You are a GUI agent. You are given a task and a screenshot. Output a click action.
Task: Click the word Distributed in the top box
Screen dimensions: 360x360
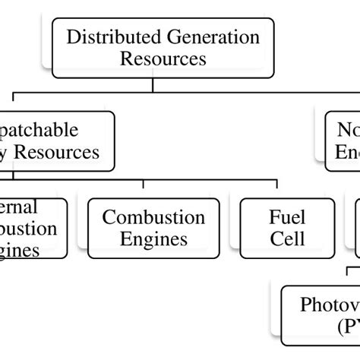point(104,37)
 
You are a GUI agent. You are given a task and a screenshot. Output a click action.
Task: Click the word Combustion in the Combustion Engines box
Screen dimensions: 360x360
point(153,218)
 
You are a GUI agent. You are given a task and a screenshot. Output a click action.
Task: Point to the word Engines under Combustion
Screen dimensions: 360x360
point(153,239)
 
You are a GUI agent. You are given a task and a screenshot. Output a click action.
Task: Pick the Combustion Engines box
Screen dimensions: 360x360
point(153,228)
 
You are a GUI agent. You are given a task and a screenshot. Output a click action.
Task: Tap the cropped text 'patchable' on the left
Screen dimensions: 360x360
point(43,130)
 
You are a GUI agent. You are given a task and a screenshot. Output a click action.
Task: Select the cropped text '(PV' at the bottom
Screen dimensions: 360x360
point(346,327)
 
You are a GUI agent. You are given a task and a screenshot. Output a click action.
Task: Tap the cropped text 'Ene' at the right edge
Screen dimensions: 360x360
point(346,152)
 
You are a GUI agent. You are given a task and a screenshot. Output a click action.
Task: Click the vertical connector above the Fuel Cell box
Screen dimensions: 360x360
point(276,190)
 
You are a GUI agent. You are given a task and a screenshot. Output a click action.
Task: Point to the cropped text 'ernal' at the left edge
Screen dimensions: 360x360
point(20,207)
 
